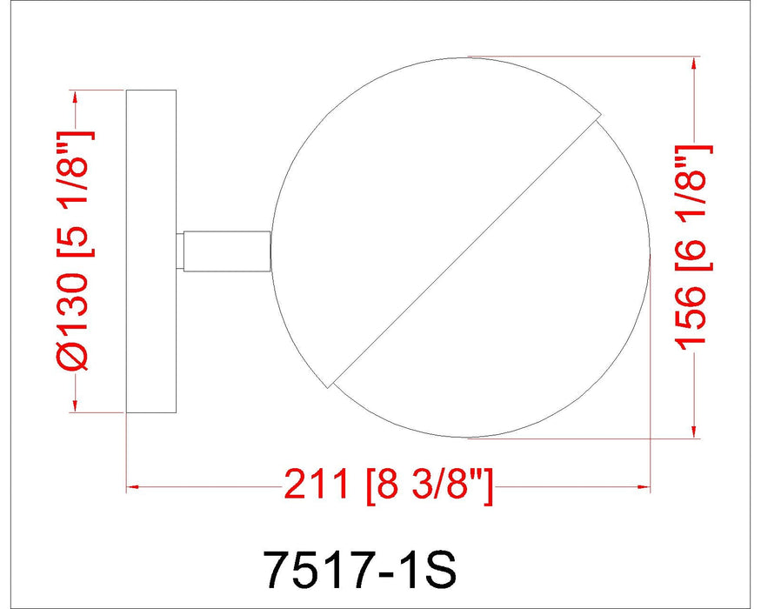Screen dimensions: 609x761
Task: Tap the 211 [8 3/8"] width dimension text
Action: point(389,485)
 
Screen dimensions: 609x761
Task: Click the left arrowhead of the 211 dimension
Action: point(133,485)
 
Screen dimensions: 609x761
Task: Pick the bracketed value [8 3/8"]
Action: point(429,485)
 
